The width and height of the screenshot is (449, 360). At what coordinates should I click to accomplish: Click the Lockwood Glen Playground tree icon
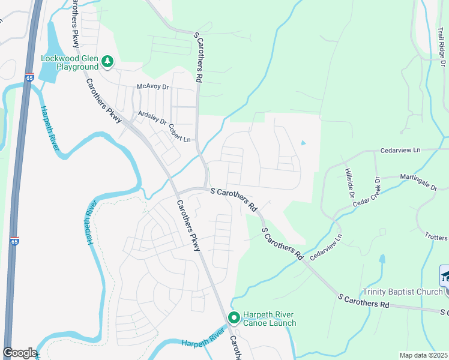(107, 61)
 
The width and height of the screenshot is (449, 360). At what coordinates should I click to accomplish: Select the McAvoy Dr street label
(154, 87)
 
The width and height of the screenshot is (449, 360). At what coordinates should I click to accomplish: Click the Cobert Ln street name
(179, 134)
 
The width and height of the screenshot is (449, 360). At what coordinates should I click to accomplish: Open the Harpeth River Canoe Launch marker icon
(234, 317)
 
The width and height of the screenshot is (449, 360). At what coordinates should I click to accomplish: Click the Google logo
(20, 353)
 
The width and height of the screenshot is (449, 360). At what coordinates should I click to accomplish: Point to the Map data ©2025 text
(423, 355)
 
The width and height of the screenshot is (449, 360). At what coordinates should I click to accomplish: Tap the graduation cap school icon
(445, 276)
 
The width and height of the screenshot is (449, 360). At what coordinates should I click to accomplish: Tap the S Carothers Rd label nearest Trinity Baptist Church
(364, 301)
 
